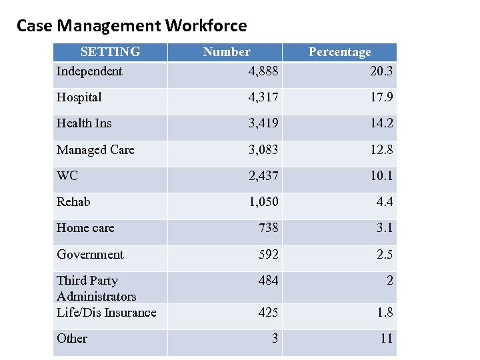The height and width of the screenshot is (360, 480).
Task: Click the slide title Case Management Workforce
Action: point(131,26)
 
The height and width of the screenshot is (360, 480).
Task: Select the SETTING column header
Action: point(110,52)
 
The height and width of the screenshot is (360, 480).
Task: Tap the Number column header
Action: point(227,52)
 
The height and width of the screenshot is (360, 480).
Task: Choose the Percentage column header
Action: point(339,52)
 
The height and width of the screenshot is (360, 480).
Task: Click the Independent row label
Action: point(89,71)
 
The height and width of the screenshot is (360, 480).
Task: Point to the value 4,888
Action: point(263,71)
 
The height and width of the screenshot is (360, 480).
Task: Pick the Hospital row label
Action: point(79,97)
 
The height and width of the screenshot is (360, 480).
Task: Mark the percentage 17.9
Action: point(381,97)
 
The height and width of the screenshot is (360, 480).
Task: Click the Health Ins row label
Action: point(84,123)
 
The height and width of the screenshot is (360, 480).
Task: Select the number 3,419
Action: point(263,123)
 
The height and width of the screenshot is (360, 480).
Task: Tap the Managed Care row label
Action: point(95,150)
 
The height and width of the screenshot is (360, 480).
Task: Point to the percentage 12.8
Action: point(381,150)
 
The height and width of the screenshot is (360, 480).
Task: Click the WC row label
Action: point(67,176)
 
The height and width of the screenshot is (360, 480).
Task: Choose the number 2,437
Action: point(263,176)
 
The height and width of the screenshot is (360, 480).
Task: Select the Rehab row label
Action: point(73,202)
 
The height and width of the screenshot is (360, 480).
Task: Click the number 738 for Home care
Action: point(269,228)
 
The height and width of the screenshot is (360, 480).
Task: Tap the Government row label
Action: point(90,255)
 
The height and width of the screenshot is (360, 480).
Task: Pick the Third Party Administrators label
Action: point(96,288)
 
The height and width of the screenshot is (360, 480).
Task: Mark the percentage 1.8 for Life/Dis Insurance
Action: point(385,313)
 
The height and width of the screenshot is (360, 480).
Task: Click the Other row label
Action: point(72,339)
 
